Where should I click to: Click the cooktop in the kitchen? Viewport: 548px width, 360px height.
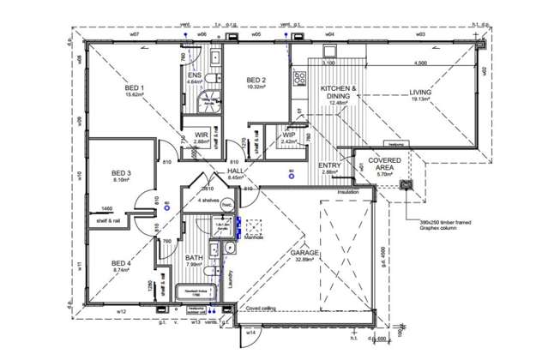click(x=301, y=81)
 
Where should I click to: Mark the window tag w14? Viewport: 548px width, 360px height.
click(x=251, y=331)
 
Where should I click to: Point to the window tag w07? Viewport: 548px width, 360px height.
click(x=135, y=35)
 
